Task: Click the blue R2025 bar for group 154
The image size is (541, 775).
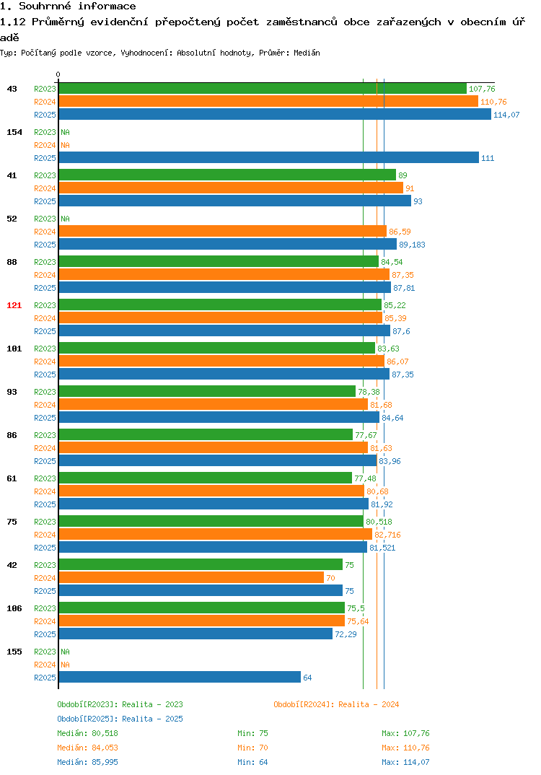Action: tap(269, 157)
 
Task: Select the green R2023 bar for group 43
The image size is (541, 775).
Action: tap(263, 89)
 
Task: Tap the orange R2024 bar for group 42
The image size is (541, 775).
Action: tap(191, 578)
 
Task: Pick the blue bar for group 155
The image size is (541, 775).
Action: tap(180, 677)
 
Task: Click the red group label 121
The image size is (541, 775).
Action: tap(14, 305)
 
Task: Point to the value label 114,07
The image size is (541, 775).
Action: tap(506, 115)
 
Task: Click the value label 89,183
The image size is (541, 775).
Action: tap(412, 245)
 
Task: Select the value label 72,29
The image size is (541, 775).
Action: tap(346, 634)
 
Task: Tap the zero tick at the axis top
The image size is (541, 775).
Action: tap(58, 74)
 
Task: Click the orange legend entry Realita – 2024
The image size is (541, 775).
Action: tap(336, 704)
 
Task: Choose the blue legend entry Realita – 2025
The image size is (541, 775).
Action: tap(120, 719)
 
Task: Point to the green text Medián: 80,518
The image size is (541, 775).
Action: tap(87, 733)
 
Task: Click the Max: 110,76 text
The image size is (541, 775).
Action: tap(405, 748)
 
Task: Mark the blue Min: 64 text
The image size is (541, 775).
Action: tap(252, 762)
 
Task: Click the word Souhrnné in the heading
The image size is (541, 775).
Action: tap(45, 6)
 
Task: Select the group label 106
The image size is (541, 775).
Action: tap(14, 608)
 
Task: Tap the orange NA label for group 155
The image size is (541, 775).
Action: tap(65, 665)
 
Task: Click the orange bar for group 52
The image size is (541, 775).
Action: tap(223, 232)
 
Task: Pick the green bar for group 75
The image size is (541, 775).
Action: tap(211, 522)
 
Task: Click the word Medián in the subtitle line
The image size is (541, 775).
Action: tap(307, 53)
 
